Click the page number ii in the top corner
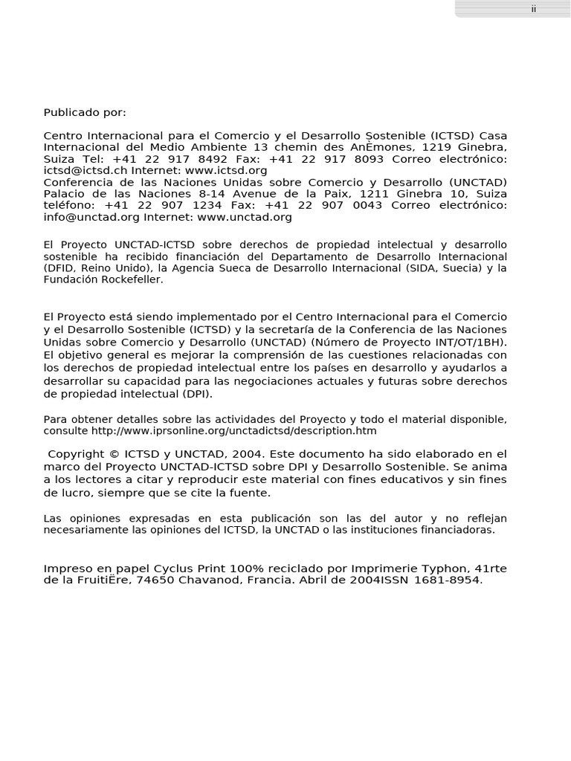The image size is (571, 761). (x=533, y=9)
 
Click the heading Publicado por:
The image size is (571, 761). (x=85, y=112)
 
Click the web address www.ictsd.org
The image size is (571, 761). (x=232, y=170)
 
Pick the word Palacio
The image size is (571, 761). (x=64, y=194)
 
